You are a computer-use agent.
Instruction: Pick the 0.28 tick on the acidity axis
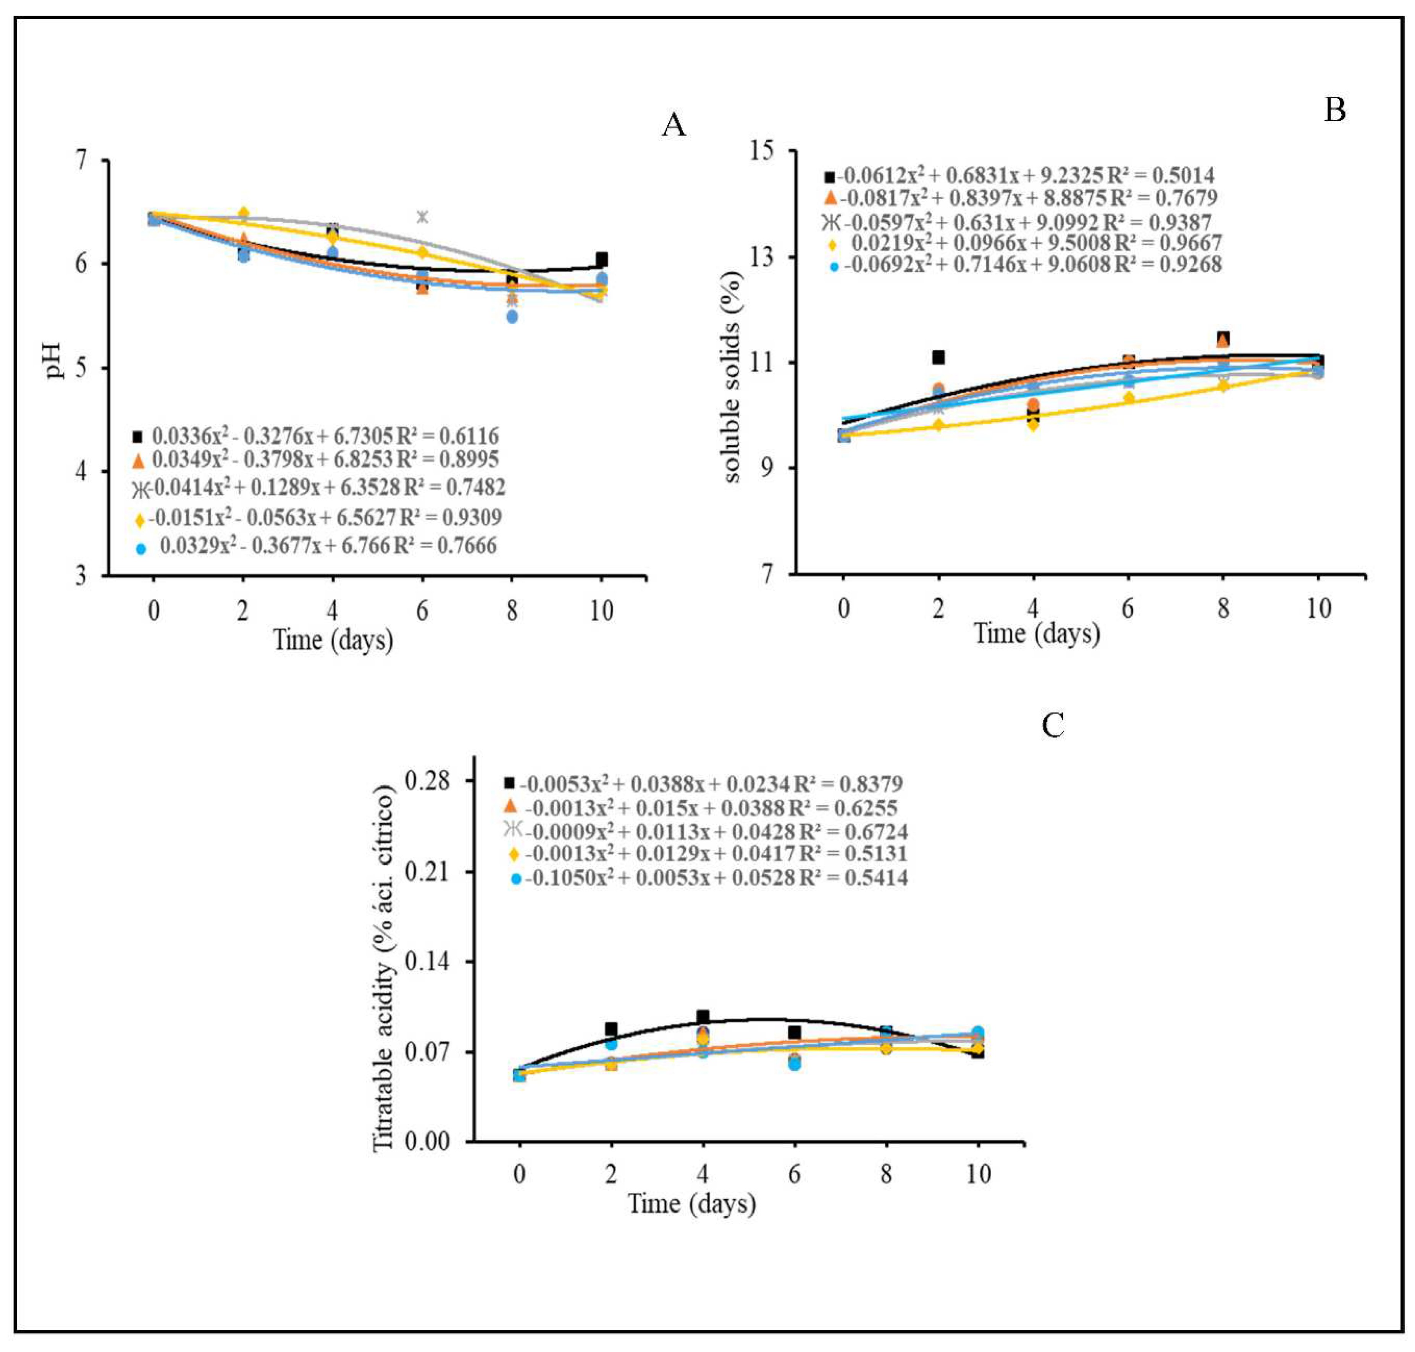(x=428, y=781)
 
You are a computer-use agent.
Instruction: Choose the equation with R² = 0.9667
(x=1035, y=243)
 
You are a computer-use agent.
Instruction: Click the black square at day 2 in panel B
(x=938, y=357)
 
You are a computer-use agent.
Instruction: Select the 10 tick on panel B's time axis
(x=1318, y=608)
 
